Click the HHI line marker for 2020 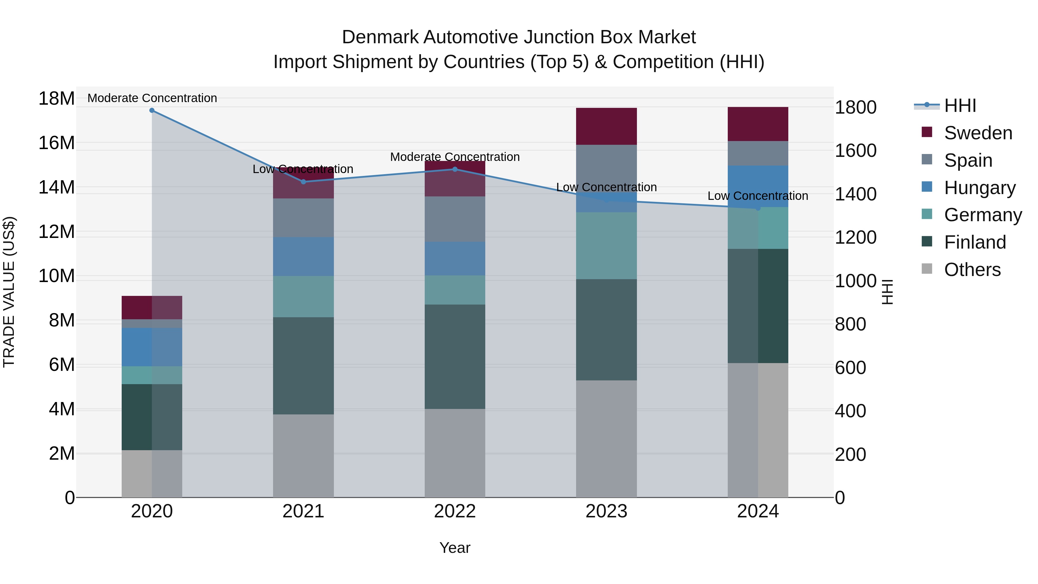152,110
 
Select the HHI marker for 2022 455,169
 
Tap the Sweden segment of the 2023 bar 606,126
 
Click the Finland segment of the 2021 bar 303,366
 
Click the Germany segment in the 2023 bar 606,245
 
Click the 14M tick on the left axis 57,187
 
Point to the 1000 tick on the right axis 855,281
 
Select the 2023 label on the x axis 606,511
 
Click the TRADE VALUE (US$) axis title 9,292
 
